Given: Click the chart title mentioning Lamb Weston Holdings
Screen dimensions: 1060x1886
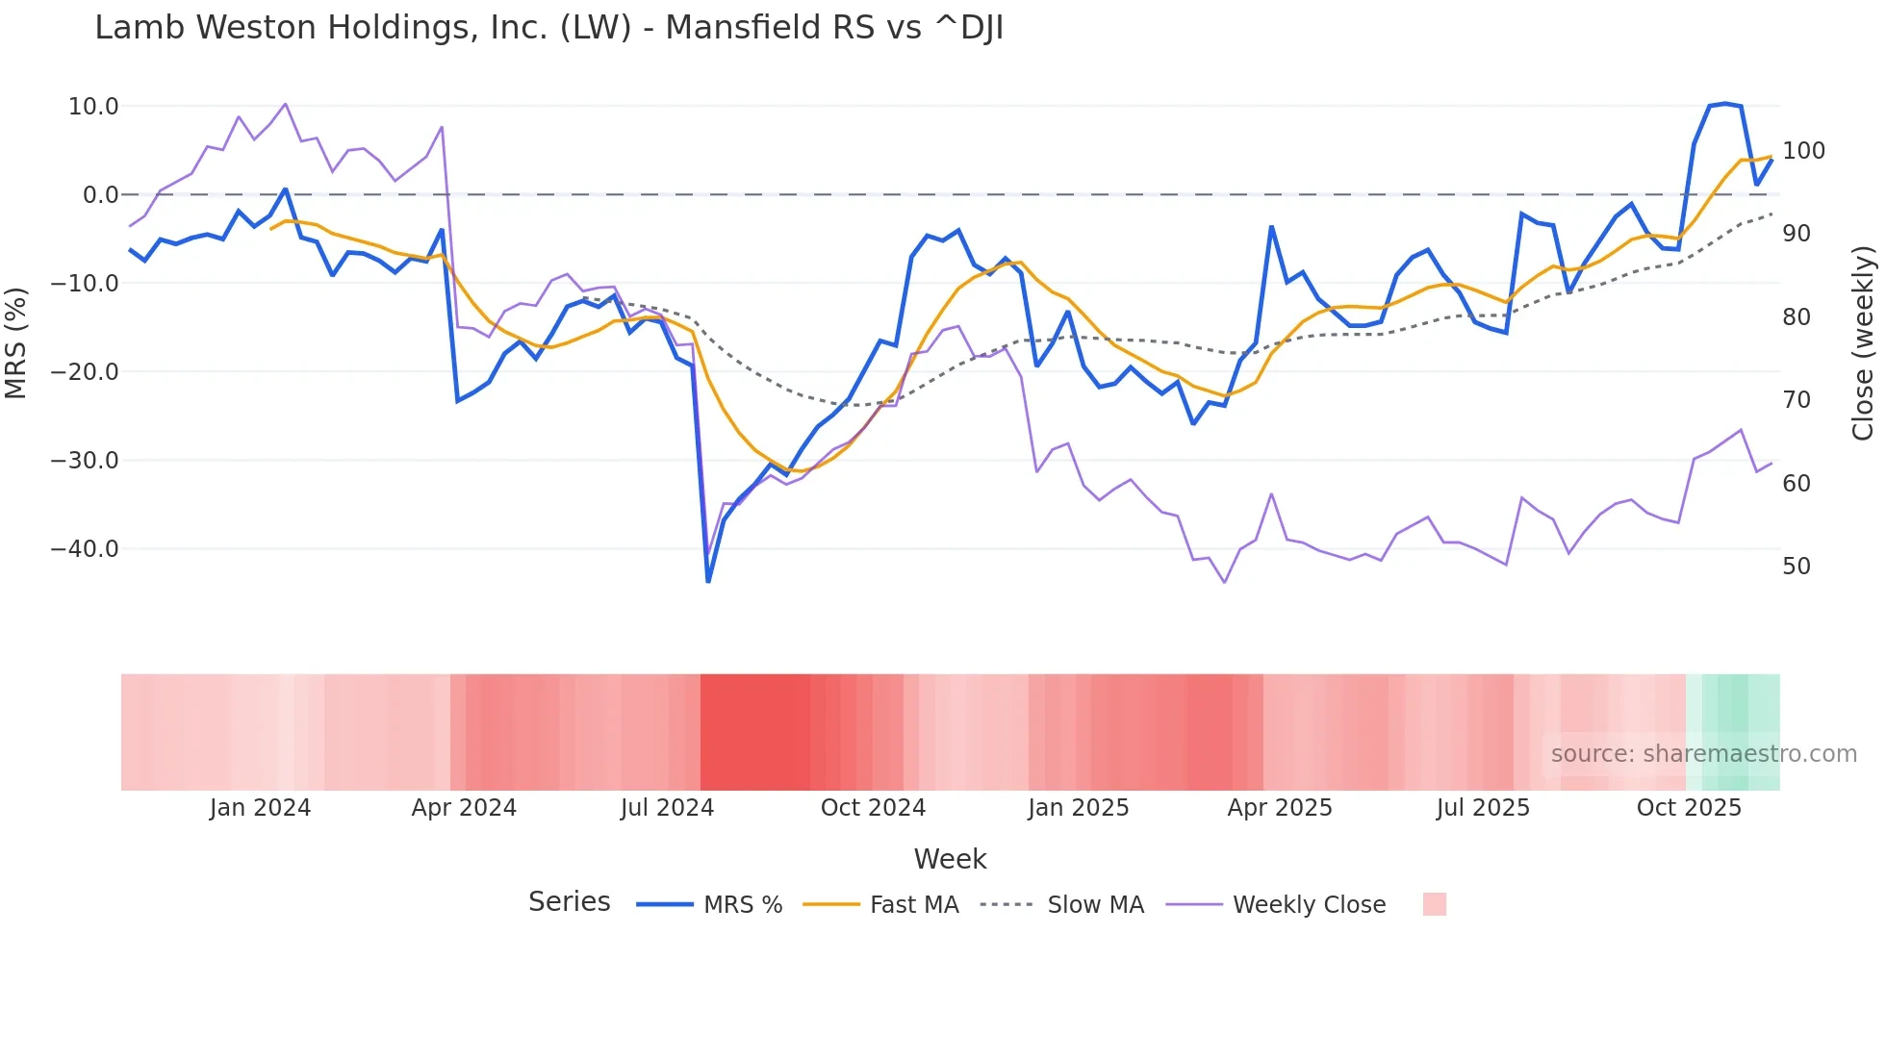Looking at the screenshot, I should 548,28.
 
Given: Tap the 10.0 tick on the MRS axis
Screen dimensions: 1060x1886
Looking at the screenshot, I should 93,107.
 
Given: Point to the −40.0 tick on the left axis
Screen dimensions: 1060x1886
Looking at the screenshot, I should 85,549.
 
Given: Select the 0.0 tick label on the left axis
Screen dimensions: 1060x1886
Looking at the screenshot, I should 100,195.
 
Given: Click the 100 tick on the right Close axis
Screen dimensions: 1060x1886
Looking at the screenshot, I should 1803,151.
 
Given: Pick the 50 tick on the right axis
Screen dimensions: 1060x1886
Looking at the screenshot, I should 1796,567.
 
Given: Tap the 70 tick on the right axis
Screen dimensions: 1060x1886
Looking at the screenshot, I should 1796,400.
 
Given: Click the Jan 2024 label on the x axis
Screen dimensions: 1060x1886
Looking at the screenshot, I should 260,808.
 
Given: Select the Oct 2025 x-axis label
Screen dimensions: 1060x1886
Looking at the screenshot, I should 1689,808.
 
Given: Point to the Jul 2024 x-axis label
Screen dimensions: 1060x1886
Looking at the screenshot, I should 667,808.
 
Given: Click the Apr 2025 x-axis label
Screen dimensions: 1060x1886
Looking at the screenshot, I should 1279,808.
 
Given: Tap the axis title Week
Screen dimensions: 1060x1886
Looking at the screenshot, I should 950,859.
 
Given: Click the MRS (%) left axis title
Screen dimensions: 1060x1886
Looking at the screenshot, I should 16,343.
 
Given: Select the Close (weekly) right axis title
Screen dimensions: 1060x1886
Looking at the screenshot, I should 1863,343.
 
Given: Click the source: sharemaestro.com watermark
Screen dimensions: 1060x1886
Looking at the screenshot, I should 1703,754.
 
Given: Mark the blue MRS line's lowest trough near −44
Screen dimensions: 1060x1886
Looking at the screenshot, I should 708,581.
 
